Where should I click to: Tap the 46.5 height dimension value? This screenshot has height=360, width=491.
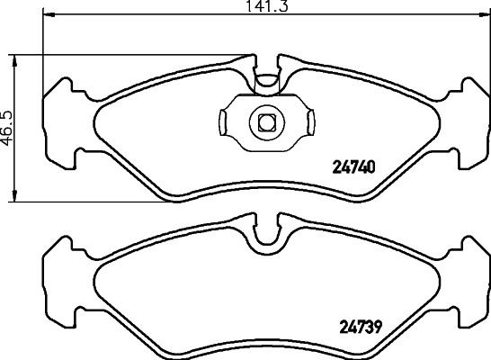click(x=8, y=128)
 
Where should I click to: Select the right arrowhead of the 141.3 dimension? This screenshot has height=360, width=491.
click(x=485, y=14)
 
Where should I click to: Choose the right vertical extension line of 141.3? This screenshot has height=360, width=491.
click(x=489, y=54)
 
